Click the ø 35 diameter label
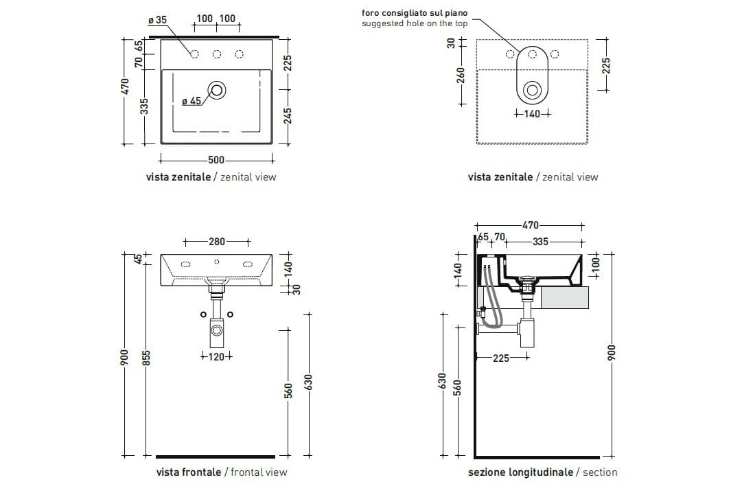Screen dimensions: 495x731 click(x=158, y=20)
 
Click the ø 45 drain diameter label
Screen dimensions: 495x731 click(x=192, y=102)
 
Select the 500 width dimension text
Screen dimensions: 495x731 click(x=216, y=160)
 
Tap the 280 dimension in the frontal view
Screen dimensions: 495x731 click(x=217, y=242)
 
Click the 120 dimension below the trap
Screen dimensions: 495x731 click(x=216, y=356)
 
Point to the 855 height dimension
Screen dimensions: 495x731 click(x=146, y=358)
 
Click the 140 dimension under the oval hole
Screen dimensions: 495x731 click(x=532, y=114)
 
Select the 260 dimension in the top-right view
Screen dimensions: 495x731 click(x=461, y=73)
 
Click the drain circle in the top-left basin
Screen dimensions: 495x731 click(x=218, y=89)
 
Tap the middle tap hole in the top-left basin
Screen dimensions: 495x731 click(x=217, y=55)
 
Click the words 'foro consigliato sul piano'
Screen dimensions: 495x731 click(x=415, y=13)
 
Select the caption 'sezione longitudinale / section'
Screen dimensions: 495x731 click(x=542, y=472)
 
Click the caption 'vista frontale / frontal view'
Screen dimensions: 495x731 click(x=222, y=472)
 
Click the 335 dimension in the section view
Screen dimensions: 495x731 click(x=540, y=242)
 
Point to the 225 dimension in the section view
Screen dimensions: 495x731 click(x=501, y=358)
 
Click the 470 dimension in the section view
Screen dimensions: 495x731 click(x=530, y=225)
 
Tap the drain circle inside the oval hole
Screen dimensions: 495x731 click(x=532, y=90)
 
